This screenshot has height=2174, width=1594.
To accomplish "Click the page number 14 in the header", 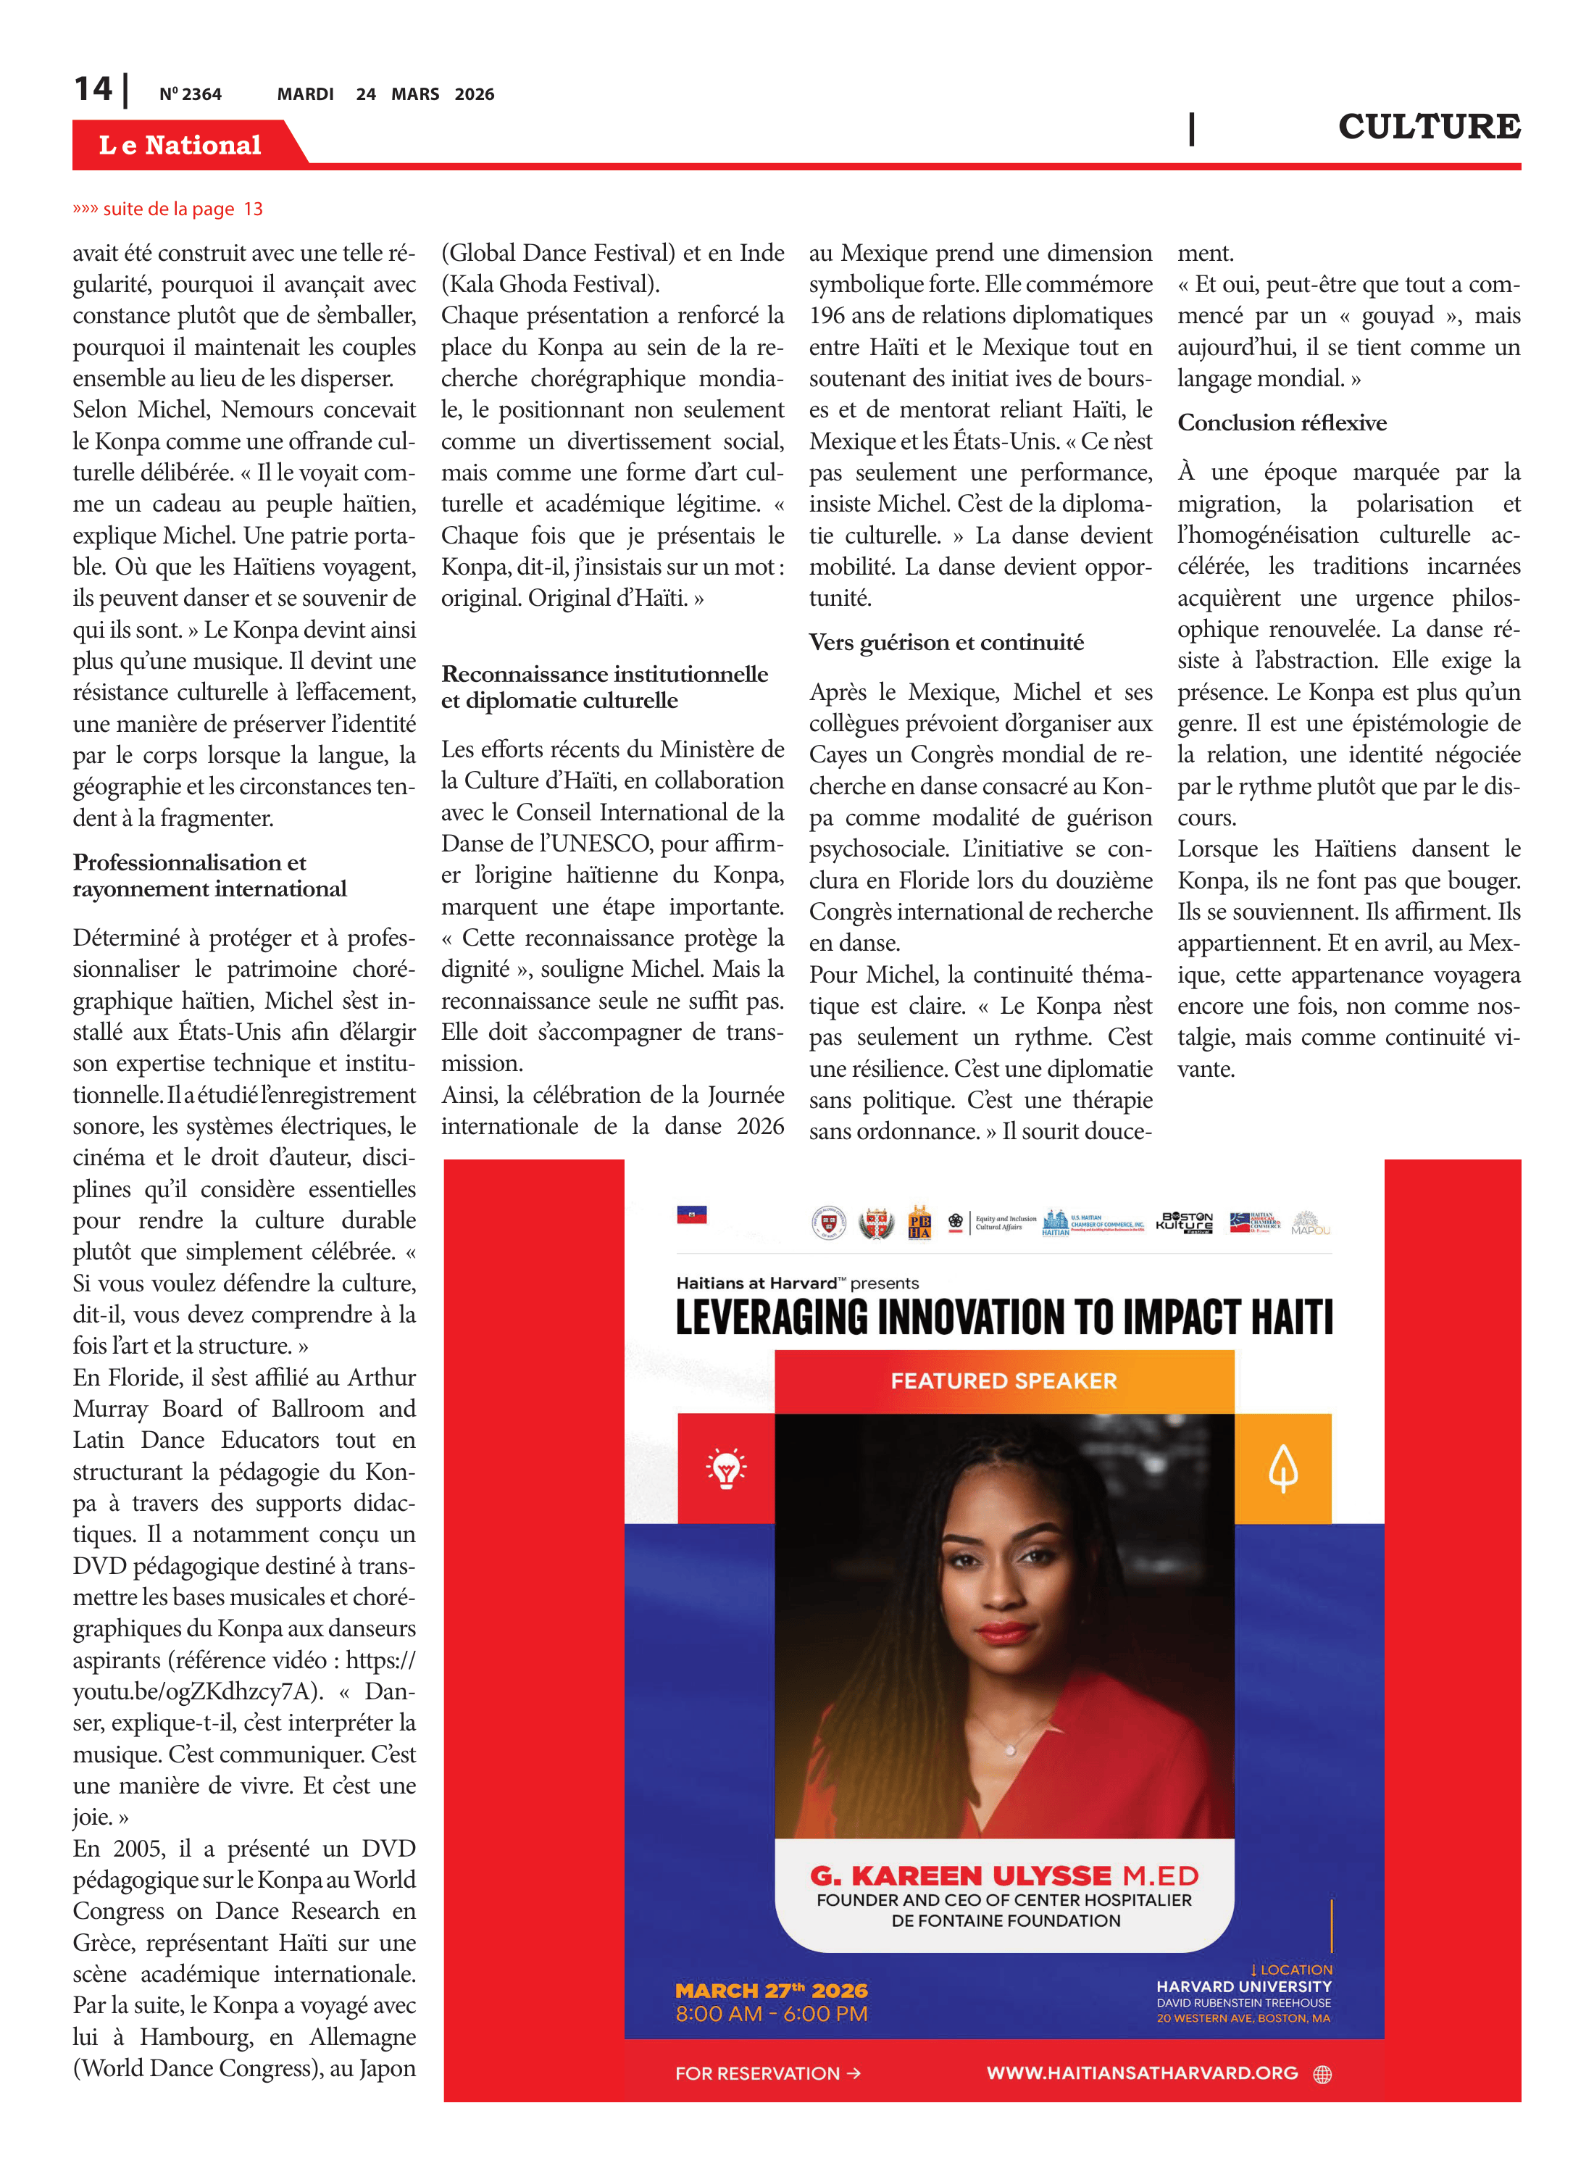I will [93, 90].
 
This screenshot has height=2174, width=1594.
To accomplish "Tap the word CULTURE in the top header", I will [1428, 126].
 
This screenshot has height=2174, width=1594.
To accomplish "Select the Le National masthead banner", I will [181, 145].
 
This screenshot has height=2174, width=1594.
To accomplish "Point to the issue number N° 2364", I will [190, 94].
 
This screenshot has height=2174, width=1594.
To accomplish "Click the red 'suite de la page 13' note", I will [169, 209].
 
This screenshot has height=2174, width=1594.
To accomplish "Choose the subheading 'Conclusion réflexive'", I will [1282, 422].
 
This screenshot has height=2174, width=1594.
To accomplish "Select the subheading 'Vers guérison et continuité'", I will [946, 643].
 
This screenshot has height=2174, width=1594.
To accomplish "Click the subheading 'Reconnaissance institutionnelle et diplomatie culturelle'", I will [604, 687].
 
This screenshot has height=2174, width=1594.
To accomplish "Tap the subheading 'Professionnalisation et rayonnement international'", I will [209, 875].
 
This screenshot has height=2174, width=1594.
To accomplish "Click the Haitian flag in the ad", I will [691, 1215].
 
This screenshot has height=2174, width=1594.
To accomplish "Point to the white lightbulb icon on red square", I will [725, 1469].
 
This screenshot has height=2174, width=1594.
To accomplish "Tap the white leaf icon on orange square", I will [1282, 1469].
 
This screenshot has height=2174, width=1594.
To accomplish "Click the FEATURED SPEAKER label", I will [1003, 1380].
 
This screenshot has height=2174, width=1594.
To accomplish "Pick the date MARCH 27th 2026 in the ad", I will [771, 1991].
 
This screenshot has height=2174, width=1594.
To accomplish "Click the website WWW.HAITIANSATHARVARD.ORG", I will [1141, 2073].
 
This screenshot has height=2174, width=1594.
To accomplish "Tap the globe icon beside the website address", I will [1322, 2075].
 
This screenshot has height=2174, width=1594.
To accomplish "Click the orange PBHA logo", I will [919, 1223].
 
